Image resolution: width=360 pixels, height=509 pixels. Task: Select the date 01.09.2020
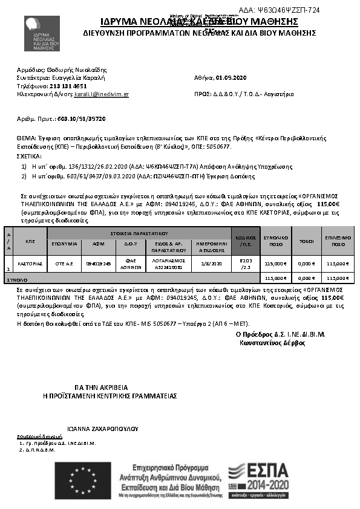(x=233, y=78)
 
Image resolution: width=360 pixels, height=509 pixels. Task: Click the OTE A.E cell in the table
(x=65, y=264)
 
